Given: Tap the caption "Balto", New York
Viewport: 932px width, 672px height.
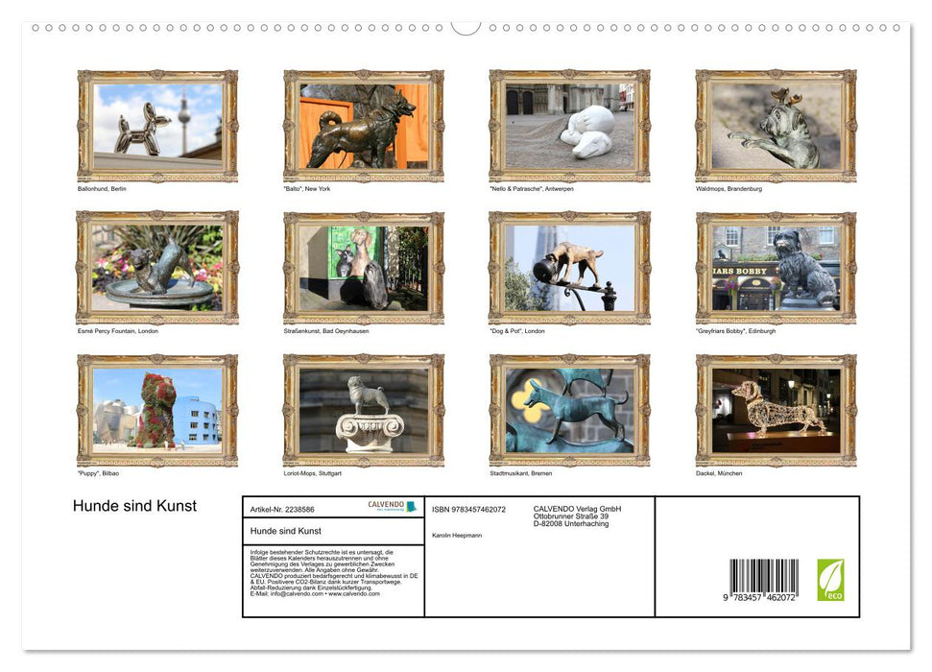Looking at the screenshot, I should [x=306, y=189].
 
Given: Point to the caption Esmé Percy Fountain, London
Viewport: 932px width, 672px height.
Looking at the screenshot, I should [x=117, y=331].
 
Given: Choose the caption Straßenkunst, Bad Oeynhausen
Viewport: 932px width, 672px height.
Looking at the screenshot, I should [x=326, y=331].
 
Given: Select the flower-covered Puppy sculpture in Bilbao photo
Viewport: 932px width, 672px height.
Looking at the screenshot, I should [x=156, y=410].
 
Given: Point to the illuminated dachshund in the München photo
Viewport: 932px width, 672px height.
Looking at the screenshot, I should [x=776, y=408].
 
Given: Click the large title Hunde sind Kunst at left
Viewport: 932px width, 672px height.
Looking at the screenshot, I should [x=134, y=506].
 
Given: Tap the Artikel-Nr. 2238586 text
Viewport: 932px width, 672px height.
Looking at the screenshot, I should [x=281, y=510].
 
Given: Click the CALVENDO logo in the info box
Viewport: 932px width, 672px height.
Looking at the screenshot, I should [x=392, y=506].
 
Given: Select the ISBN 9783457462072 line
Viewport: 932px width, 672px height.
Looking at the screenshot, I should [x=468, y=510].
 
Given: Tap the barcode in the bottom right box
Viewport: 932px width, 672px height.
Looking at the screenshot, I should [x=763, y=580].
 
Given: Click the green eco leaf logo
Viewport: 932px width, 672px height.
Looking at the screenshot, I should [x=830, y=580].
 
